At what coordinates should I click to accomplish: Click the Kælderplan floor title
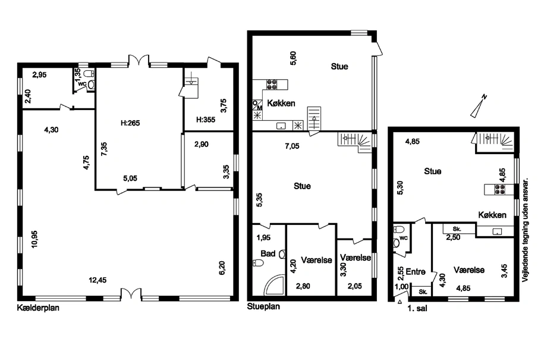[38, 308]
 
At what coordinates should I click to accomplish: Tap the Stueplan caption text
[263, 306]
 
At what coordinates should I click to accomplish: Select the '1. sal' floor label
[417, 308]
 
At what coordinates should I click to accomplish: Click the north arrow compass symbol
[479, 106]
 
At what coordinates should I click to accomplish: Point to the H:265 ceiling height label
[130, 123]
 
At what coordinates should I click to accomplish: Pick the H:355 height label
[206, 120]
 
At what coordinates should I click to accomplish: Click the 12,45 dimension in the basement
[97, 280]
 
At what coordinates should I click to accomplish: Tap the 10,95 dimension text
[34, 239]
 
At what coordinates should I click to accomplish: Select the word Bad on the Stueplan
[268, 253]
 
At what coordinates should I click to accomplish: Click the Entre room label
[416, 272]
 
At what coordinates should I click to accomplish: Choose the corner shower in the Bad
[273, 286]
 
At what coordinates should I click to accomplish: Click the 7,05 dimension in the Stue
[292, 146]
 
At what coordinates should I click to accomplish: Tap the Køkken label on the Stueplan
[281, 103]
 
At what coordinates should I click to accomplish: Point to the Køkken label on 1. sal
[492, 215]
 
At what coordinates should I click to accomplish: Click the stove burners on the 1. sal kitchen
[500, 189]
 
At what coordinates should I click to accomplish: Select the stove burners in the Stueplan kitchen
[272, 84]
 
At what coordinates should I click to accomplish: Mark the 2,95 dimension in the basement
[39, 74]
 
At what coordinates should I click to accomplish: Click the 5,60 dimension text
[293, 58]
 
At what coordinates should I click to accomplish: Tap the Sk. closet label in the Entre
[423, 292]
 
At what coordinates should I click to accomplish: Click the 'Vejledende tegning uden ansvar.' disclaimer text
[526, 230]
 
